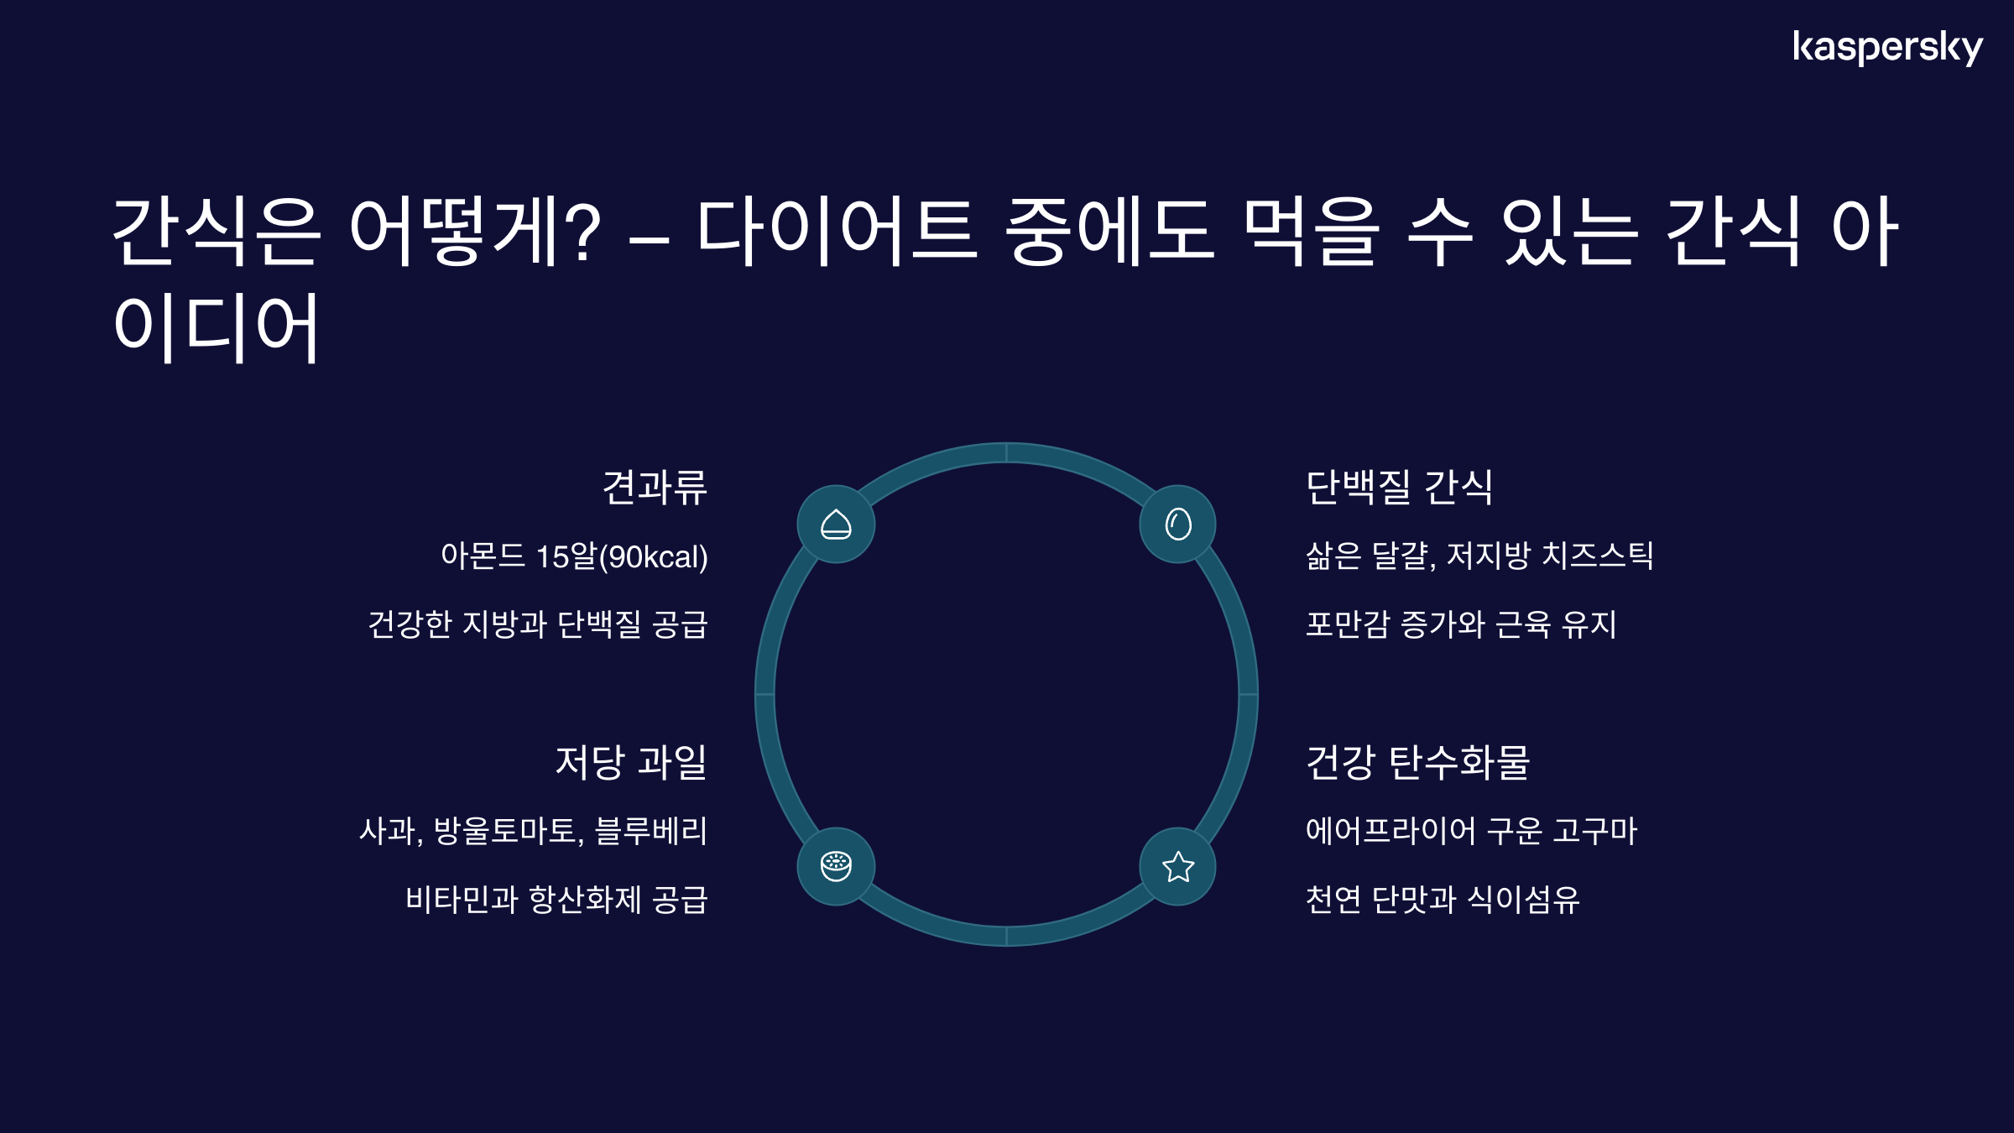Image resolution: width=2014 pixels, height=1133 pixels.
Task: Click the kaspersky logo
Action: pyautogui.click(x=1887, y=48)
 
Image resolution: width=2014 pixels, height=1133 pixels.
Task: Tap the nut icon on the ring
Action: pyautogui.click(x=836, y=525)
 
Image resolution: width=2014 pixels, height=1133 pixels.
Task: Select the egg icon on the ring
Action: pyautogui.click(x=1178, y=525)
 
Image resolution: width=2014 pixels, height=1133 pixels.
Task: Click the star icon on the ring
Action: pyautogui.click(x=1178, y=867)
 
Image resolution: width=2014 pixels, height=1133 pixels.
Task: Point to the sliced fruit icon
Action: pyautogui.click(x=836, y=867)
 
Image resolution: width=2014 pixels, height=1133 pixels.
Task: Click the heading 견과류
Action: pyautogui.click(x=655, y=487)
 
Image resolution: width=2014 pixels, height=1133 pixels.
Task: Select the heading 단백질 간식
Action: pyautogui.click(x=1400, y=487)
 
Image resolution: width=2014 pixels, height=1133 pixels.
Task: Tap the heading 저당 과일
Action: pyautogui.click(x=631, y=762)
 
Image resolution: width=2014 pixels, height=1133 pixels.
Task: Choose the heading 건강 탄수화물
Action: pyautogui.click(x=1418, y=762)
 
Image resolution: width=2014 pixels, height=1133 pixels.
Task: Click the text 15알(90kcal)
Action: pyautogui.click(x=622, y=556)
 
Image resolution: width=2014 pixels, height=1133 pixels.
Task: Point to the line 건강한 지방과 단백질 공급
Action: pyautogui.click(x=538, y=624)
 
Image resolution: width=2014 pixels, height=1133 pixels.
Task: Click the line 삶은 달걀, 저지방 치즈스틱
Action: pyautogui.click(x=1479, y=556)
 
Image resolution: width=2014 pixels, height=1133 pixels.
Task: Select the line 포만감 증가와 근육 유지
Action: pyautogui.click(x=1461, y=624)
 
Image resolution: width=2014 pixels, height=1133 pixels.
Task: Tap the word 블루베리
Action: pyautogui.click(x=651, y=831)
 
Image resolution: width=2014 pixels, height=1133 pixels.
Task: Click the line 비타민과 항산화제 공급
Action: pyautogui.click(x=556, y=900)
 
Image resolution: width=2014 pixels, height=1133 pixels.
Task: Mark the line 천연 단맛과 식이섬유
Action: pyautogui.click(x=1443, y=900)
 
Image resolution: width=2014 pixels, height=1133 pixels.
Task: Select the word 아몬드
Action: pyautogui.click(x=483, y=556)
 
